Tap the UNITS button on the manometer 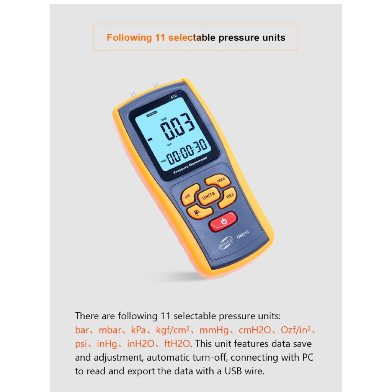[x=209, y=196]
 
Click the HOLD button [x=218, y=180]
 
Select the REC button [x=227, y=198]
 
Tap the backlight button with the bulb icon [x=199, y=212]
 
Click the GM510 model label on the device [x=242, y=235]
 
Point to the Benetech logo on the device [x=225, y=243]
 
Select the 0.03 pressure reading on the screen [x=178, y=126]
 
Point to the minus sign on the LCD [x=150, y=139]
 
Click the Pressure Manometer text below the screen [x=190, y=165]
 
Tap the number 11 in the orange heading [x=160, y=38]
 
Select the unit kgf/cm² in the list [x=173, y=330]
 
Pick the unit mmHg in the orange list [x=214, y=330]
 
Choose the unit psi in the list [x=81, y=344]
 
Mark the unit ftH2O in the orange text [x=177, y=344]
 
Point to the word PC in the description [x=308, y=357]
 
